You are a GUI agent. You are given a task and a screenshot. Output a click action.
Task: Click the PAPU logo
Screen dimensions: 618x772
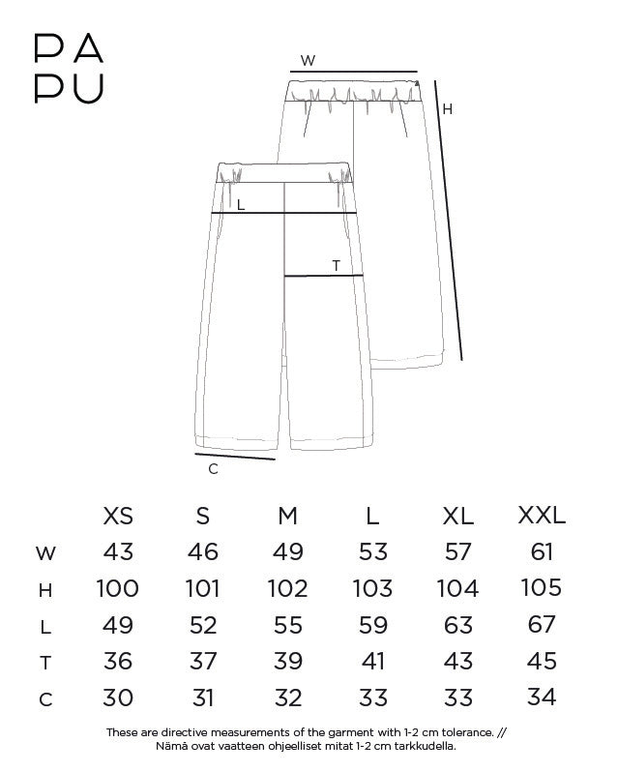(x=69, y=68)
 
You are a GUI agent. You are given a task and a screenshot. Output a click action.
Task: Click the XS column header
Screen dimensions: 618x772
(x=118, y=516)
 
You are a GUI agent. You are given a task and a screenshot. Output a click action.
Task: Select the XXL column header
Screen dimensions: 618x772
(x=542, y=516)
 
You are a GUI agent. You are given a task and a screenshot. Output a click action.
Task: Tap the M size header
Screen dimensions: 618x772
(x=288, y=516)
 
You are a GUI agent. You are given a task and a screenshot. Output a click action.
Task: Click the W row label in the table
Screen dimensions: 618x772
(x=45, y=553)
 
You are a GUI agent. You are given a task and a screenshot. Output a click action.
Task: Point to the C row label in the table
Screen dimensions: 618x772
(x=45, y=699)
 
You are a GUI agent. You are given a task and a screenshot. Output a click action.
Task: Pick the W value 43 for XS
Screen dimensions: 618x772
(x=118, y=552)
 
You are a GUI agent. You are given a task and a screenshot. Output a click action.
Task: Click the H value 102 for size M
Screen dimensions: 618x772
(x=288, y=588)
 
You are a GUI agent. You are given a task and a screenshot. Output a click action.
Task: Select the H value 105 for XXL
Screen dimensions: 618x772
(x=542, y=587)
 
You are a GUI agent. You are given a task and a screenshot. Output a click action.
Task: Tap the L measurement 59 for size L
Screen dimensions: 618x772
(x=373, y=625)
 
